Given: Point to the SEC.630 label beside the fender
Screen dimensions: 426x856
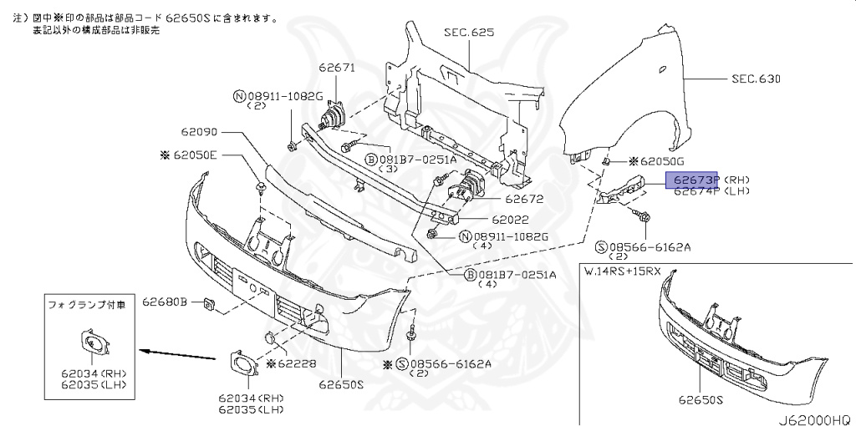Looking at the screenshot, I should tap(755, 79).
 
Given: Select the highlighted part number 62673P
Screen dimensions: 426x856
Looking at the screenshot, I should tap(692, 180).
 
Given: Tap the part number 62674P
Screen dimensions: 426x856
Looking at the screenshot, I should tap(692, 191).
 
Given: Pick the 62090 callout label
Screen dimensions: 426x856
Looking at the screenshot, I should tap(197, 132).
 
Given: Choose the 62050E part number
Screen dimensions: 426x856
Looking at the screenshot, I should tap(195, 155).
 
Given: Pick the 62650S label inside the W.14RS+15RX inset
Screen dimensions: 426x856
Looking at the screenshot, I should tap(701, 401).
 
